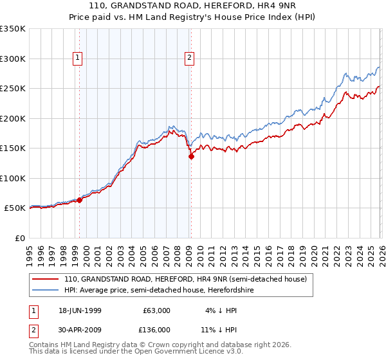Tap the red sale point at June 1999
point(80,200)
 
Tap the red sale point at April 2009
point(191,156)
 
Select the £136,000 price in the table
point(156,330)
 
